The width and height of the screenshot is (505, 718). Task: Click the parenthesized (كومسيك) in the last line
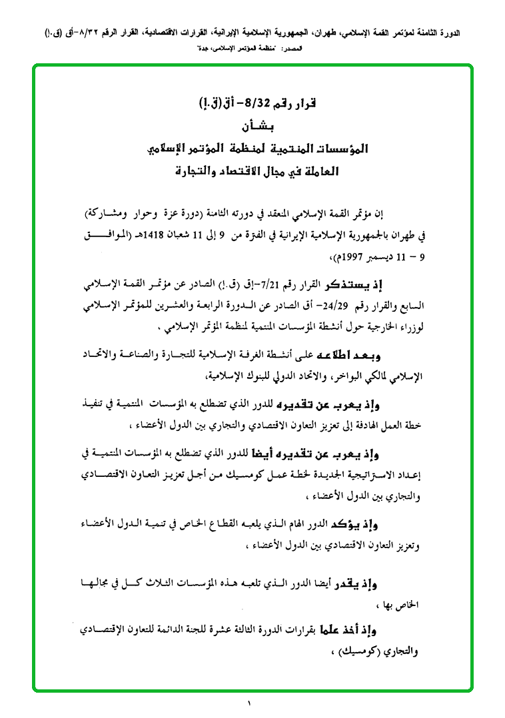[363, 651]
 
